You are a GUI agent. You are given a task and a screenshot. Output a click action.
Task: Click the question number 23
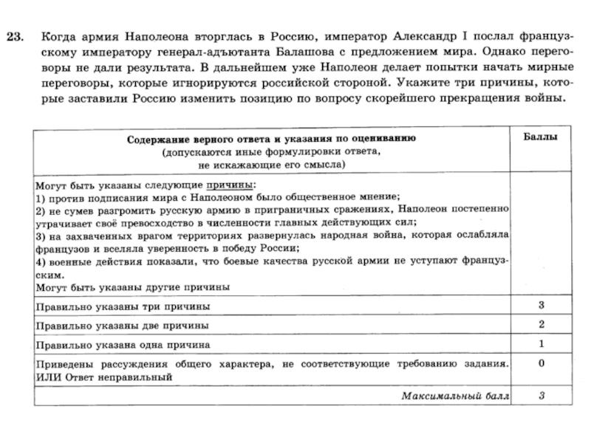point(18,35)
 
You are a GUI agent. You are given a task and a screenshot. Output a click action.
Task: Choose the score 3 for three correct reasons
point(542,305)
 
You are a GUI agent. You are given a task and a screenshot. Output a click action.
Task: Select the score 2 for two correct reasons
point(542,325)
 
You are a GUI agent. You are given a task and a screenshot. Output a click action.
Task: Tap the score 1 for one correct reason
point(542,344)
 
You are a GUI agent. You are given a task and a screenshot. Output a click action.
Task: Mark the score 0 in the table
point(542,363)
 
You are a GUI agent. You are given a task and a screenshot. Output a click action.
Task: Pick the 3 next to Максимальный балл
point(542,396)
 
